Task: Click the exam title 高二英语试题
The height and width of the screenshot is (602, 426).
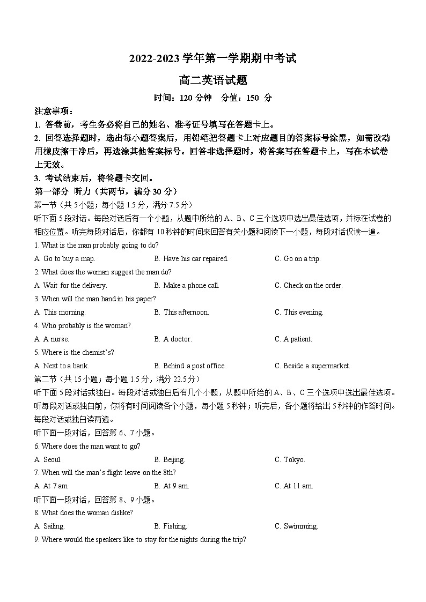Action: (x=213, y=80)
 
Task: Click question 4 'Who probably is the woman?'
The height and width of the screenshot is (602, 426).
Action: (x=82, y=325)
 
